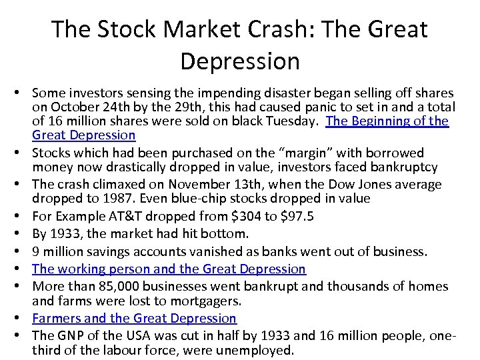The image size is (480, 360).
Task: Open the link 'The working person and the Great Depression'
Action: (x=169, y=269)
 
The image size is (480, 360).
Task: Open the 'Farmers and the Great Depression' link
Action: (x=134, y=318)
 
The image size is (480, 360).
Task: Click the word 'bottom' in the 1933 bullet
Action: (x=224, y=233)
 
